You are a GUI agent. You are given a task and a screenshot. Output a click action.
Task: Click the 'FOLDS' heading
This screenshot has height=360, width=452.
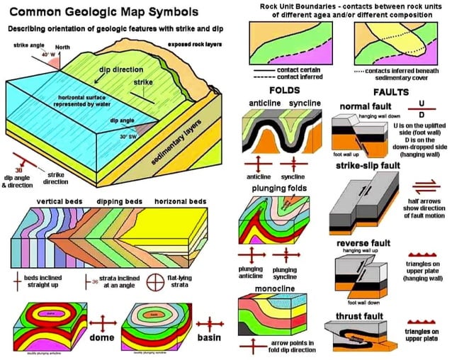tap(285, 91)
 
